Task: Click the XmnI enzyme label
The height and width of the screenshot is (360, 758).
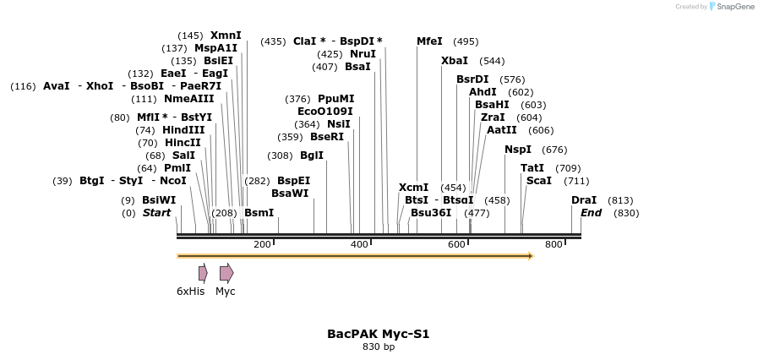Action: click(226, 35)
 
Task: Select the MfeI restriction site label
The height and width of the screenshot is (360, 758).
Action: click(429, 41)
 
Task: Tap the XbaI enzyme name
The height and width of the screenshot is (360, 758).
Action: click(454, 61)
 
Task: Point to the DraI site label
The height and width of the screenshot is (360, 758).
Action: click(584, 200)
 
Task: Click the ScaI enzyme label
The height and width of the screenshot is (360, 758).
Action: click(538, 181)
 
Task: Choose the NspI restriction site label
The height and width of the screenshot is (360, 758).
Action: click(517, 150)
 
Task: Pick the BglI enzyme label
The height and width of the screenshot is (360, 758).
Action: click(312, 155)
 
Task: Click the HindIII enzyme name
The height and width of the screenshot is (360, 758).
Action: click(183, 130)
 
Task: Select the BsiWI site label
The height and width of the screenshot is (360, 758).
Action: click(159, 200)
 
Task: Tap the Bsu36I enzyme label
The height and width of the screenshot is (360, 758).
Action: click(431, 213)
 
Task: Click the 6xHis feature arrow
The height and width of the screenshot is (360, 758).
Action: click(203, 272)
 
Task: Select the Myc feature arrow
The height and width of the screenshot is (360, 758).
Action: click(226, 272)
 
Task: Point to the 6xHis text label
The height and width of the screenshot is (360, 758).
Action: click(190, 292)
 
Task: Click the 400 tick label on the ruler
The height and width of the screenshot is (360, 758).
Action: click(359, 244)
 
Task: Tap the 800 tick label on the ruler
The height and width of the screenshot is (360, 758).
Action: click(554, 244)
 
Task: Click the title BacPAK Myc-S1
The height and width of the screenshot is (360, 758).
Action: click(378, 334)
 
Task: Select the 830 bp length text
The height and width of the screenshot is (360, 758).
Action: click(378, 346)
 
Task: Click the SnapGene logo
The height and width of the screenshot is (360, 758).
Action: click(731, 7)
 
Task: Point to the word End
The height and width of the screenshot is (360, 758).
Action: click(591, 213)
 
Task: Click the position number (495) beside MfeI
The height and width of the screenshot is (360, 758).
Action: click(466, 41)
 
